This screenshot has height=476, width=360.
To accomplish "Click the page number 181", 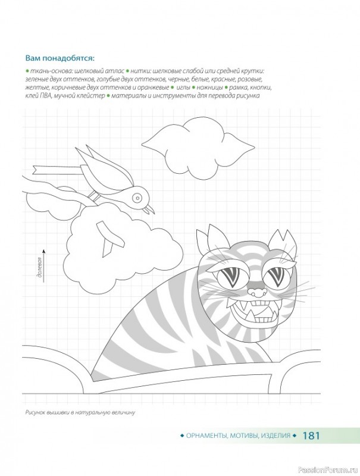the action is [311, 436].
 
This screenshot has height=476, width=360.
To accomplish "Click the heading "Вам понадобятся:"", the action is [60, 58].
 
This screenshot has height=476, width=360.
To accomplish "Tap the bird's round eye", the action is [137, 198].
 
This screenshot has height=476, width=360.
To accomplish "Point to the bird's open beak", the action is [149, 209].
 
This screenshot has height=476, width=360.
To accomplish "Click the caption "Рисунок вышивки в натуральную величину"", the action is [80, 412].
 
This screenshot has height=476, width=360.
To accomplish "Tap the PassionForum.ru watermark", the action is [328, 470].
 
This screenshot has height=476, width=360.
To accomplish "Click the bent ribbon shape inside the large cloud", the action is [110, 239].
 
